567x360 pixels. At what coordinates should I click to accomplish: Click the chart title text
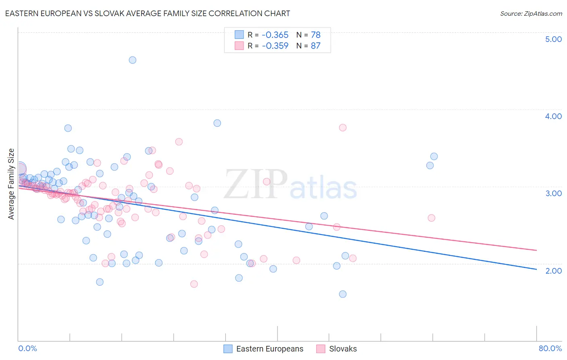click(147, 13)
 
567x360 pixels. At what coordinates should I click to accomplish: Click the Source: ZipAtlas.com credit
click(531, 13)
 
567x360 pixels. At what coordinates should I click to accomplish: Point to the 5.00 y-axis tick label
click(553, 39)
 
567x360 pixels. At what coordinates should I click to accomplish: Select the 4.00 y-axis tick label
click(553, 116)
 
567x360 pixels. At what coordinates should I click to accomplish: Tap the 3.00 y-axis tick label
click(553, 193)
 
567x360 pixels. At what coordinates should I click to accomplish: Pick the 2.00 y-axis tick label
click(553, 271)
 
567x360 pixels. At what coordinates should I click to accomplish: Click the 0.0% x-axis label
click(27, 348)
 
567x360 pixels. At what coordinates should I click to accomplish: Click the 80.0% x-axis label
click(550, 348)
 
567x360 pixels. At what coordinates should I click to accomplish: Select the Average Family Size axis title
click(11, 184)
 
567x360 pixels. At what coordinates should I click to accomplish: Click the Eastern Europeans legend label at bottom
click(269, 349)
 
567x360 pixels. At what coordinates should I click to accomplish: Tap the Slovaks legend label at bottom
click(343, 349)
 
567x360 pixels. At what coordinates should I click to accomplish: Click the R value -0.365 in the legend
click(275, 35)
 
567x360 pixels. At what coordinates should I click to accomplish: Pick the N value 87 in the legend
click(315, 46)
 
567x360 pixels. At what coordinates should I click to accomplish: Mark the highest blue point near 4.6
click(132, 60)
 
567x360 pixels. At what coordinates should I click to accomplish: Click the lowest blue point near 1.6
click(343, 294)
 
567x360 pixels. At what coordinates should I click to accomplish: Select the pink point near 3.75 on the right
click(343, 128)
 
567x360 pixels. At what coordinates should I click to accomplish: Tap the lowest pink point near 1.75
click(194, 284)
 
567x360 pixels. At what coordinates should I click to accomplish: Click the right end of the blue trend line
click(536, 269)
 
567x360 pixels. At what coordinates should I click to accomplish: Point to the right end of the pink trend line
click(536, 250)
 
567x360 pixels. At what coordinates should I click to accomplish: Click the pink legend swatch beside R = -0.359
click(239, 46)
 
